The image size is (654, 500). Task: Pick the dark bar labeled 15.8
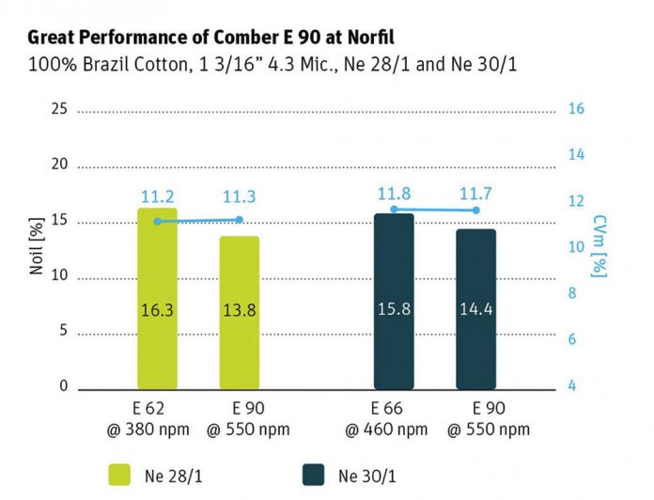pyautogui.click(x=394, y=301)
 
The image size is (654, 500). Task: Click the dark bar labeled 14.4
pyautogui.click(x=475, y=309)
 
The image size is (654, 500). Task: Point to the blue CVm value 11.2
pyautogui.click(x=157, y=197)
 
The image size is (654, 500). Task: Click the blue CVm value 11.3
pyautogui.click(x=239, y=197)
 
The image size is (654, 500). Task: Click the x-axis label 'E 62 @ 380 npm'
pyautogui.click(x=157, y=417)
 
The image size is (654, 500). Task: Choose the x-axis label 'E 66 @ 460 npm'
pyautogui.click(x=394, y=417)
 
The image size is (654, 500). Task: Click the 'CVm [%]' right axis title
pyautogui.click(x=599, y=246)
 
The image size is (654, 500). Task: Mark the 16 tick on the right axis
pyautogui.click(x=577, y=109)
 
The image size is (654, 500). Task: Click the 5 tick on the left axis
pyautogui.click(x=63, y=331)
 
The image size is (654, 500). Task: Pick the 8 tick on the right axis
pyautogui.click(x=573, y=293)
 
